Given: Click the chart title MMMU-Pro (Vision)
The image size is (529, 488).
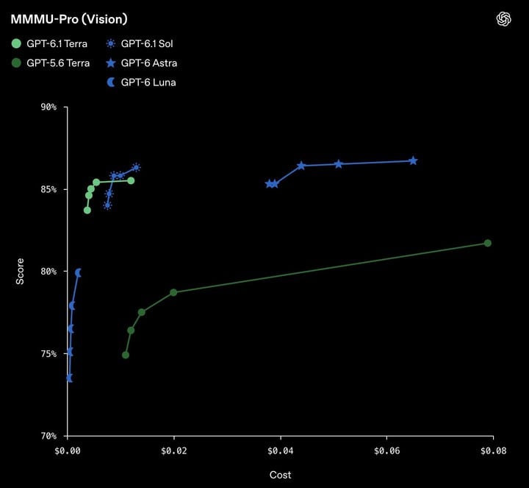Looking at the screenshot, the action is point(69,19).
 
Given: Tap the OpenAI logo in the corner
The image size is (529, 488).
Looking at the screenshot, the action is point(504,19).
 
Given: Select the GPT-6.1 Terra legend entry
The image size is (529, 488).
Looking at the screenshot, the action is point(50,43).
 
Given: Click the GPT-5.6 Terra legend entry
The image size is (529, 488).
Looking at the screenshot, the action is point(51,63).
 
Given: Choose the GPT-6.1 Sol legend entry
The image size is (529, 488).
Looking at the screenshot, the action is point(140,43).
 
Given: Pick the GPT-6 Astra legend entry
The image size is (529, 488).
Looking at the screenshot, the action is point(141,63).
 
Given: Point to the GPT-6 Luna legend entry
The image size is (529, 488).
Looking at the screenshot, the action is point(141,82).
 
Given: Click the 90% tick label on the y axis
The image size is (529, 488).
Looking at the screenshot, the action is point(48,107).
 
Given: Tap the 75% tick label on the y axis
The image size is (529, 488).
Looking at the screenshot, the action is point(48,353).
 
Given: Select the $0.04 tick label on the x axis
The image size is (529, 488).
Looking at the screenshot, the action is point(281,450).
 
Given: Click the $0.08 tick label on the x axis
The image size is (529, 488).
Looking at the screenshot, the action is point(493,450).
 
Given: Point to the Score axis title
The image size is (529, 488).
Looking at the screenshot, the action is point(20,271).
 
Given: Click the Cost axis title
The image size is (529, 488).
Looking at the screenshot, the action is point(281,475).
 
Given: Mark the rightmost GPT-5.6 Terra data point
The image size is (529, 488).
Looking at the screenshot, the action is point(488,243).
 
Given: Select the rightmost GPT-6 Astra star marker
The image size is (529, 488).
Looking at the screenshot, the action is point(413,161).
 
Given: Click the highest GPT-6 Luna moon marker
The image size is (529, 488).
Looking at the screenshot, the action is point(79,272).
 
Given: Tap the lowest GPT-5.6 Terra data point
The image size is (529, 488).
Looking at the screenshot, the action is point(126,355).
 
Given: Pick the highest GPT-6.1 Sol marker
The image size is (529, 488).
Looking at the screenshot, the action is point(136,167).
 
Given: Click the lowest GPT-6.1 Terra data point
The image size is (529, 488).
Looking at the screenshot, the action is point(87,211).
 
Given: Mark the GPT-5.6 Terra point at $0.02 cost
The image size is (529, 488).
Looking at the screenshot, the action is point(173,292).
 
